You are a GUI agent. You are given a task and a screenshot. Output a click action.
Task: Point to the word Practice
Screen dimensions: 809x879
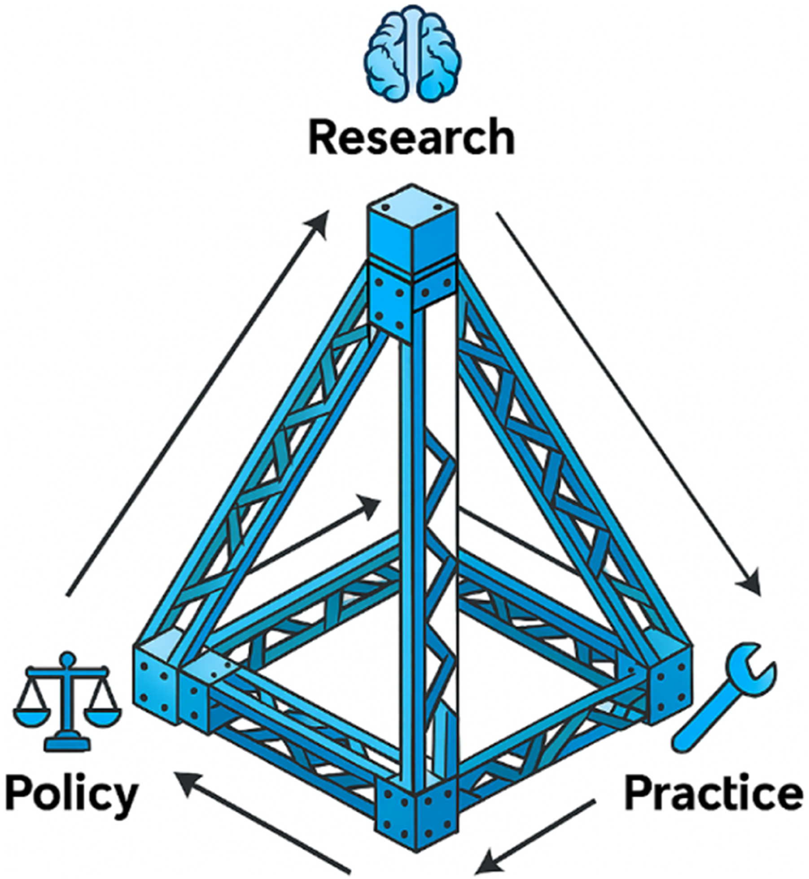713,794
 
